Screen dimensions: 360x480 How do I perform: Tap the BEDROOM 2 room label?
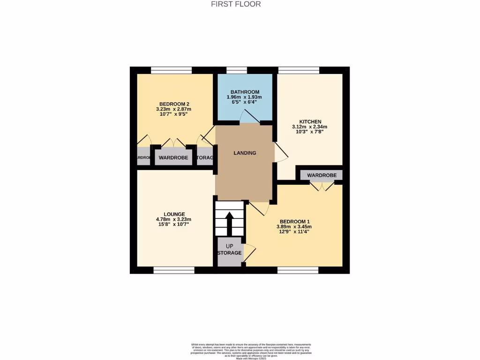click(174, 104)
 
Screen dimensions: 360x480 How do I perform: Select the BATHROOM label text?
click(245, 92)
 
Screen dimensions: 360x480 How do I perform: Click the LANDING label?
click(245, 153)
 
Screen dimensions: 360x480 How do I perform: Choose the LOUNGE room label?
click(173, 214)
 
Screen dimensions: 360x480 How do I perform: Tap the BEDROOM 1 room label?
click(295, 222)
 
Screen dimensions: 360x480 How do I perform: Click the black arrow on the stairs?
click(230, 224)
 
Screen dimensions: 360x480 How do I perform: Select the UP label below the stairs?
click(230, 246)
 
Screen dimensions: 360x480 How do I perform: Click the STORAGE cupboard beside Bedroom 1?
click(230, 253)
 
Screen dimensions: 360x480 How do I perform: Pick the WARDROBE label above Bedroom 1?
click(322, 175)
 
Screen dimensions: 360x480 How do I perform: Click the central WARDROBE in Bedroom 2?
click(173, 158)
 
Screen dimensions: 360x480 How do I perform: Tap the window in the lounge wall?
click(173, 270)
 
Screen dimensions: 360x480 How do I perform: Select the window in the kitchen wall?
click(299, 70)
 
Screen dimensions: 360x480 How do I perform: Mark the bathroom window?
click(237, 70)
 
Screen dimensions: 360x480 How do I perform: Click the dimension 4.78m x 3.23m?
click(173, 219)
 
